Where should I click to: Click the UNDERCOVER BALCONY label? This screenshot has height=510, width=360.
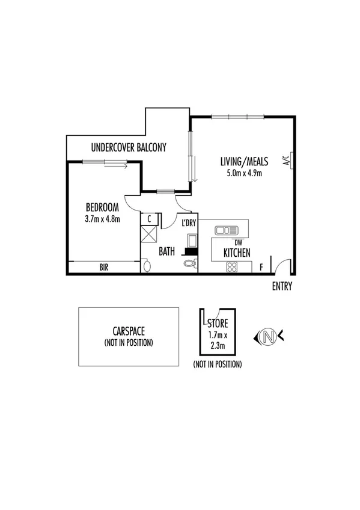click(128, 147)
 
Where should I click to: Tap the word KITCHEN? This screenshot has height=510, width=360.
click(237, 253)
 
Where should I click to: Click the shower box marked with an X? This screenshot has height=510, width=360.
click(148, 235)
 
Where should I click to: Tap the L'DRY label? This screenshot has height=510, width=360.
click(189, 224)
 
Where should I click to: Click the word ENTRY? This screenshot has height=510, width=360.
click(282, 286)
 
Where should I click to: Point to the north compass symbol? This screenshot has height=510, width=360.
click(270, 336)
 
